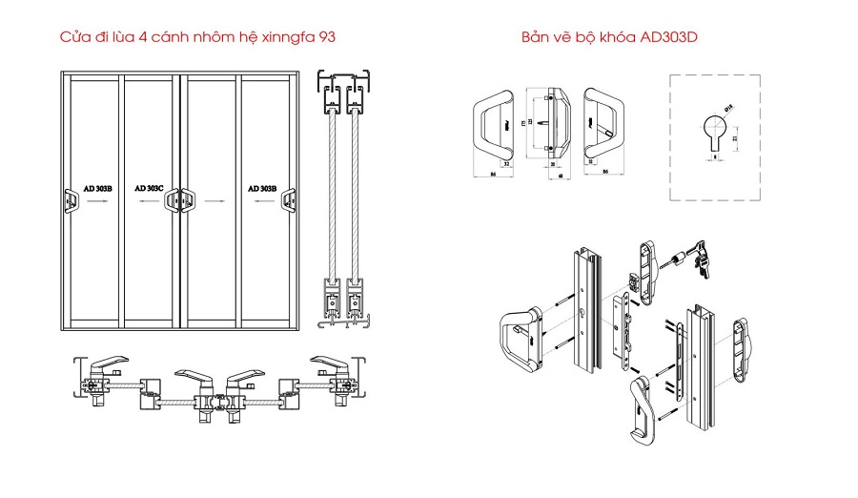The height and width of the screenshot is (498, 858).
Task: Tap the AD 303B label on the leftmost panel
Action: (97, 189)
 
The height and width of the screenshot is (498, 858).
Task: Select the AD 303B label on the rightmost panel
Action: (261, 189)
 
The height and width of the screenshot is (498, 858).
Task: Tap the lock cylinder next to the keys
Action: (673, 260)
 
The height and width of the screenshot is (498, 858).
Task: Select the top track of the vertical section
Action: (345, 87)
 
